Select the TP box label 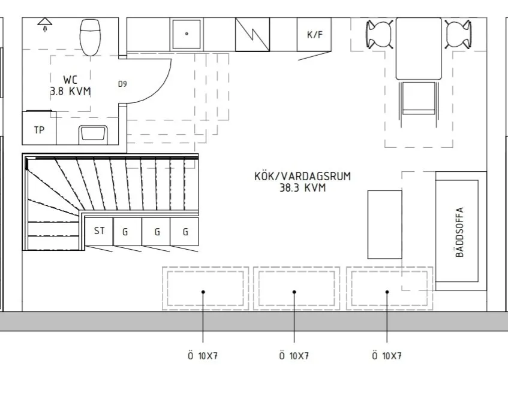coord(39,130)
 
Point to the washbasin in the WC coord(94,134)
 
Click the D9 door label coord(122,84)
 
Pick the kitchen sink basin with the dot coord(187,34)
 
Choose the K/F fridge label coord(315,35)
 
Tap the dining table coord(418,49)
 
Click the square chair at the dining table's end coord(418,98)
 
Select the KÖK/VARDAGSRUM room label coord(302,177)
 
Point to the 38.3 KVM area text coord(302,187)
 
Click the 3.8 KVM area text coord(71,92)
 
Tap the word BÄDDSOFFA coord(461,232)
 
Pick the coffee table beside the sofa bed coord(384,224)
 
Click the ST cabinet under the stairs coord(99,231)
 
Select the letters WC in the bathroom coord(71,80)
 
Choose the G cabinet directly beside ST coord(125,232)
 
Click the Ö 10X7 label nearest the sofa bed coord(387,356)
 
